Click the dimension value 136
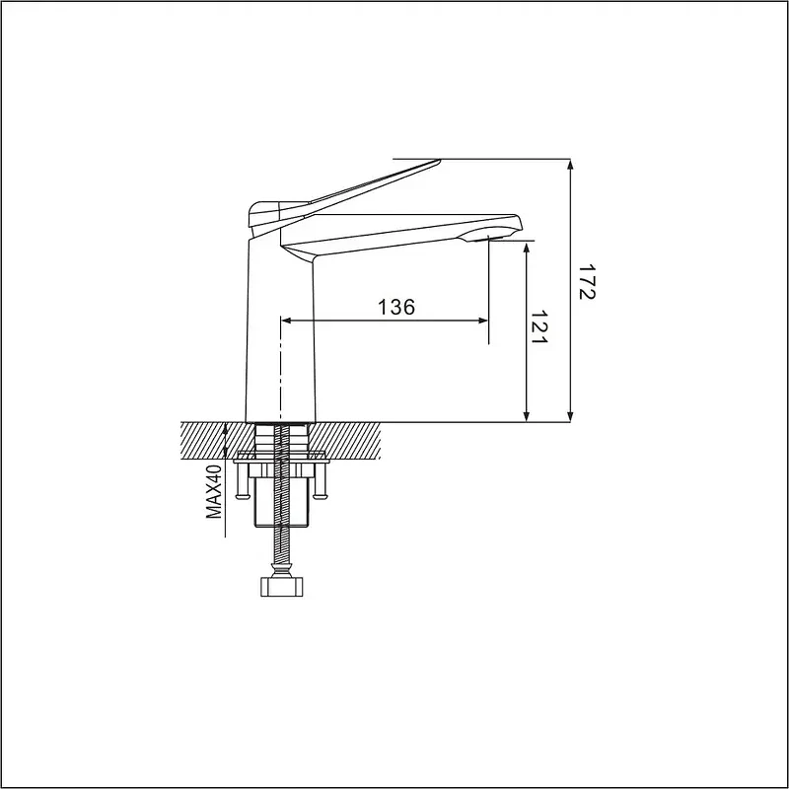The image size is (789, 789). (x=396, y=307)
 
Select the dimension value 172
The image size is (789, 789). (x=586, y=282)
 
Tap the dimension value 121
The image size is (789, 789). (x=538, y=326)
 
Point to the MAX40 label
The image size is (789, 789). (x=214, y=491)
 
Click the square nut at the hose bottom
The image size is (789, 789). (x=282, y=587)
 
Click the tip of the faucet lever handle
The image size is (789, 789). (x=439, y=162)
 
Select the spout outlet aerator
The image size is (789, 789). (x=488, y=238)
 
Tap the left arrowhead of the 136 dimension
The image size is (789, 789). (x=286, y=321)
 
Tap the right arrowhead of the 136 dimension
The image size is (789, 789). (x=483, y=321)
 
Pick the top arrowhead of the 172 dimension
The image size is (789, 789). (x=570, y=164)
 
